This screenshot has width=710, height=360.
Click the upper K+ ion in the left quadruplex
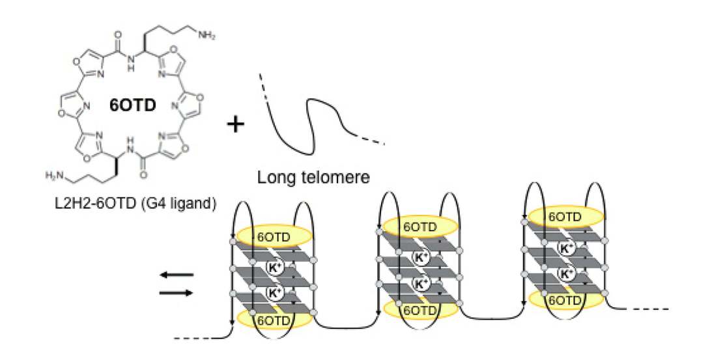[274, 267]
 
